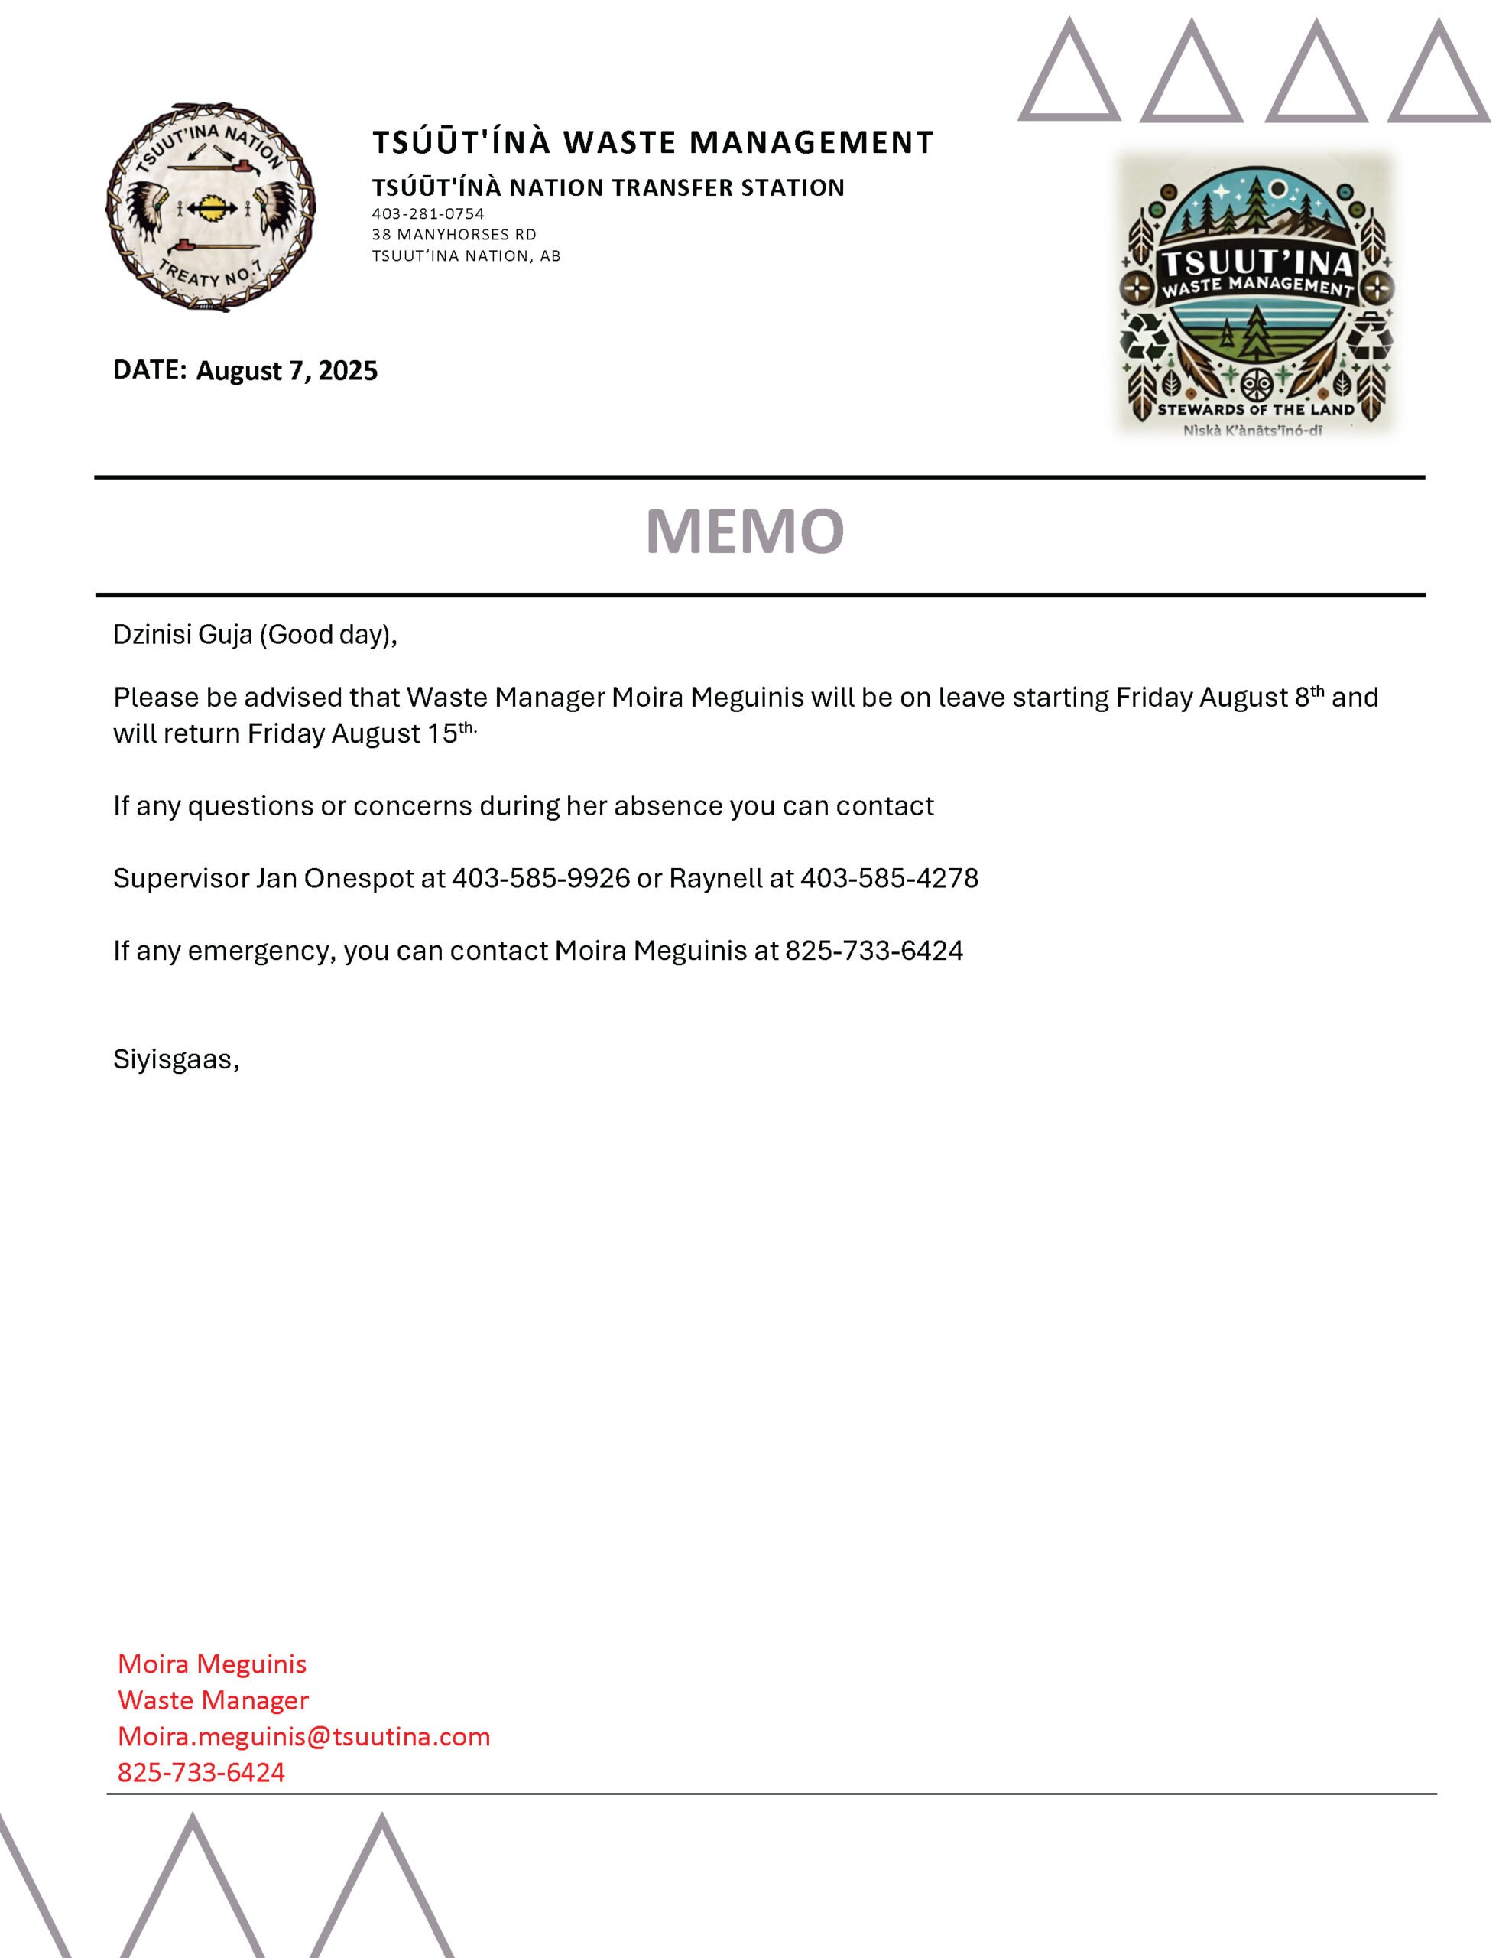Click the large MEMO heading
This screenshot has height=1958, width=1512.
pos(744,531)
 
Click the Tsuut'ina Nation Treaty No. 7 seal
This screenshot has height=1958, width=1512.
pos(211,207)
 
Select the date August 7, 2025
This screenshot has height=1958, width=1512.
pos(287,370)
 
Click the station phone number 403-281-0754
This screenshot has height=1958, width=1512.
pos(427,213)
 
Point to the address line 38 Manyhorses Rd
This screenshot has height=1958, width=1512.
pos(453,234)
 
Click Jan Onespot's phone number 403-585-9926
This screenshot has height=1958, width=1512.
pos(540,878)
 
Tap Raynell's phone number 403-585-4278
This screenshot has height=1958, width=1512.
pos(888,878)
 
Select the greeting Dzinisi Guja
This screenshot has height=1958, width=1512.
pos(183,635)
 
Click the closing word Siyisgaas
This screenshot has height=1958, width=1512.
pos(175,1059)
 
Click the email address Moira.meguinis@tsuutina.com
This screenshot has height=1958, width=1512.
pos(303,1735)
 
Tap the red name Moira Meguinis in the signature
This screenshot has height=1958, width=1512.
pos(213,1664)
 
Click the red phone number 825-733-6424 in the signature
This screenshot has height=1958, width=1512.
pos(201,1771)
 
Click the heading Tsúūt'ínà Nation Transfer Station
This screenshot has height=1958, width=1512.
pos(608,187)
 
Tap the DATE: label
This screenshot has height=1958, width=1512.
pos(150,369)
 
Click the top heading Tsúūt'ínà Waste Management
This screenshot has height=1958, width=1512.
pos(653,141)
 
